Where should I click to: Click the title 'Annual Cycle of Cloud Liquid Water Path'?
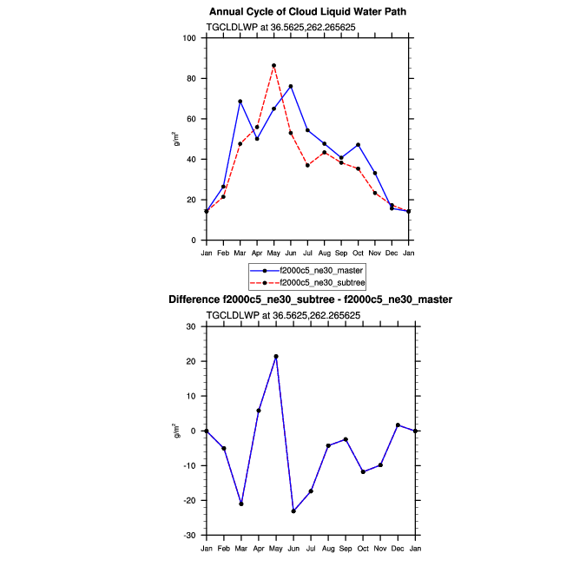click(x=308, y=11)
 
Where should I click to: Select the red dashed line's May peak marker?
click(x=273, y=65)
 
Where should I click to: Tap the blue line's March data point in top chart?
click(x=240, y=102)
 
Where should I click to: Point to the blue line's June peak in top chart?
click(x=290, y=86)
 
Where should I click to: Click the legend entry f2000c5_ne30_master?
click(x=315, y=271)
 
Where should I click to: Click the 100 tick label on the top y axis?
click(x=189, y=38)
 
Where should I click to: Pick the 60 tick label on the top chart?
click(x=192, y=119)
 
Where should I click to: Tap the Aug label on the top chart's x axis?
click(x=324, y=253)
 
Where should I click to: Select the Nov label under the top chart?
click(x=375, y=253)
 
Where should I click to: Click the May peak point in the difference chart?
click(x=276, y=356)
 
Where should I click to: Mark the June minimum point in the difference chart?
click(x=293, y=511)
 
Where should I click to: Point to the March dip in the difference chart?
click(x=241, y=504)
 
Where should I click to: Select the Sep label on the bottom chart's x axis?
click(x=346, y=548)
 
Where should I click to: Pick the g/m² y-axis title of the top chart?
click(x=176, y=138)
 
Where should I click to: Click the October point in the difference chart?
click(x=363, y=471)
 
